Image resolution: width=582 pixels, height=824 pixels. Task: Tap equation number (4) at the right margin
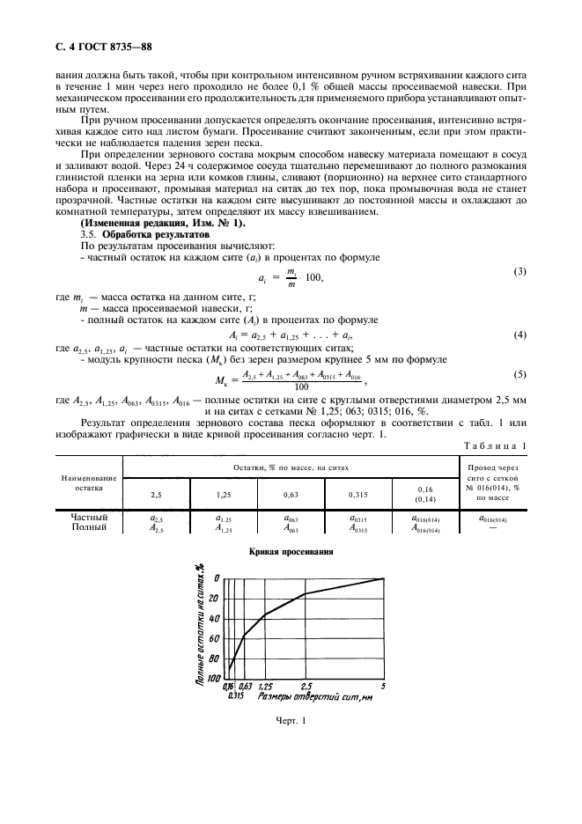[519, 335]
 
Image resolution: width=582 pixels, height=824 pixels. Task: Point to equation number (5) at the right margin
[519, 374]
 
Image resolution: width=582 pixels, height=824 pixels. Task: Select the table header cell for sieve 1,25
[224, 494]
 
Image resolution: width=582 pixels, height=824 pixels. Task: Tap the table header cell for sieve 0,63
[291, 494]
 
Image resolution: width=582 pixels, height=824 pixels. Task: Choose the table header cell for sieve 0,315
[358, 494]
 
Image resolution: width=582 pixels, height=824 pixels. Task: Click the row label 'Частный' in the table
[89, 517]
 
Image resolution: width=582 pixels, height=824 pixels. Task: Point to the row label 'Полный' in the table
[89, 527]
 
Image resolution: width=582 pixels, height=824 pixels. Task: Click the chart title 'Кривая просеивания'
[291, 551]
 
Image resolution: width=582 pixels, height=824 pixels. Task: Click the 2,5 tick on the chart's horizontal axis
[306, 684]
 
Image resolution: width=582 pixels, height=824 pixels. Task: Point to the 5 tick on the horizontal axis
[383, 684]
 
